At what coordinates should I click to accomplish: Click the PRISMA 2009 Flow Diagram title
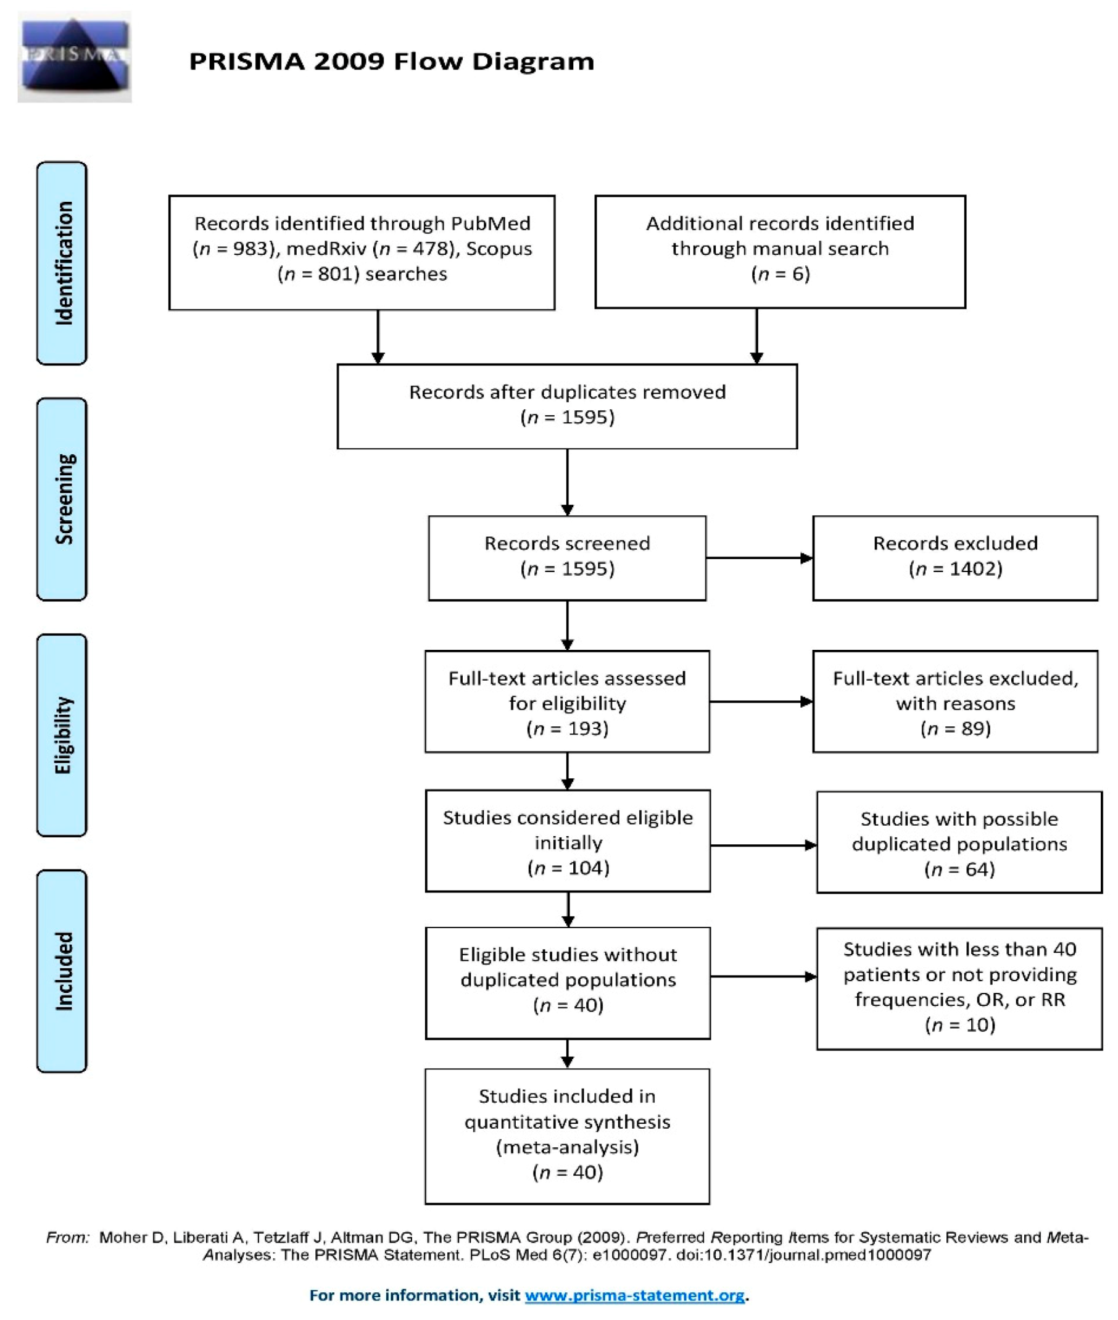point(392,62)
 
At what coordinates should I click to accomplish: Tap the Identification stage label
point(62,263)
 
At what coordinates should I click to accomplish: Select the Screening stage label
point(62,499)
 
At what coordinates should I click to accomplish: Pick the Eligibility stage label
point(62,736)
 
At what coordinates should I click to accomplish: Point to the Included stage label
point(62,971)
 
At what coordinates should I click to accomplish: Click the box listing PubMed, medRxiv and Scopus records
point(362,252)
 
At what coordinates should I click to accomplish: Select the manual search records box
point(780,252)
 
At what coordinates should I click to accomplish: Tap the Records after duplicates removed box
point(567,407)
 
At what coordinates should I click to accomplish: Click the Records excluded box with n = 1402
point(955,558)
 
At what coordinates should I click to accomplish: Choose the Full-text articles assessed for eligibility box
point(567,701)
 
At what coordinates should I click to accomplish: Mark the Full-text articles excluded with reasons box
point(955,701)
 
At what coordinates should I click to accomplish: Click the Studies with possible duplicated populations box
point(959,842)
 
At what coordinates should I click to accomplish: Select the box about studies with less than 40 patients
point(959,989)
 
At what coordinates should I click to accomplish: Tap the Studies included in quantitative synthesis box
point(567,1136)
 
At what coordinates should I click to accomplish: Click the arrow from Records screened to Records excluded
point(760,558)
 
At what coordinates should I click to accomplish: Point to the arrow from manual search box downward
point(756,336)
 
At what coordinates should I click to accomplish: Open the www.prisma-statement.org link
point(634,1295)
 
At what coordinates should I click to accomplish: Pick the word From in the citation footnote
point(67,1237)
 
